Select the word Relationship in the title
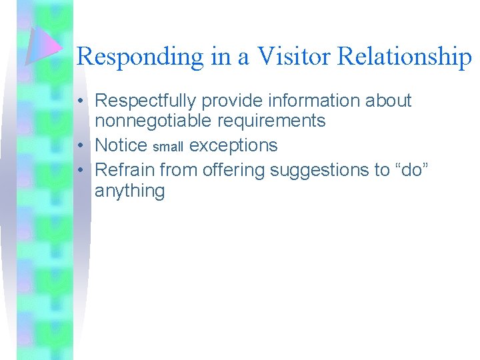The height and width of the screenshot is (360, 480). (x=405, y=57)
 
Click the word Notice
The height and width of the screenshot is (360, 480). (x=121, y=145)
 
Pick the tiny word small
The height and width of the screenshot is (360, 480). (x=168, y=147)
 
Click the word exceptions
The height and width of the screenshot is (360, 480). (x=233, y=145)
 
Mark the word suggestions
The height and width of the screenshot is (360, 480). (x=320, y=171)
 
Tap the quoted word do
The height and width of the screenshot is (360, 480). (x=412, y=170)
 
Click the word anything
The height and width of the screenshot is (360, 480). (x=129, y=191)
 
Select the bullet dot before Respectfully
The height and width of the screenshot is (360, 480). (x=80, y=101)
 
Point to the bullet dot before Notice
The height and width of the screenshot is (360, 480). (x=80, y=145)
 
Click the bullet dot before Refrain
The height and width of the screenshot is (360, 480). (x=80, y=171)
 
